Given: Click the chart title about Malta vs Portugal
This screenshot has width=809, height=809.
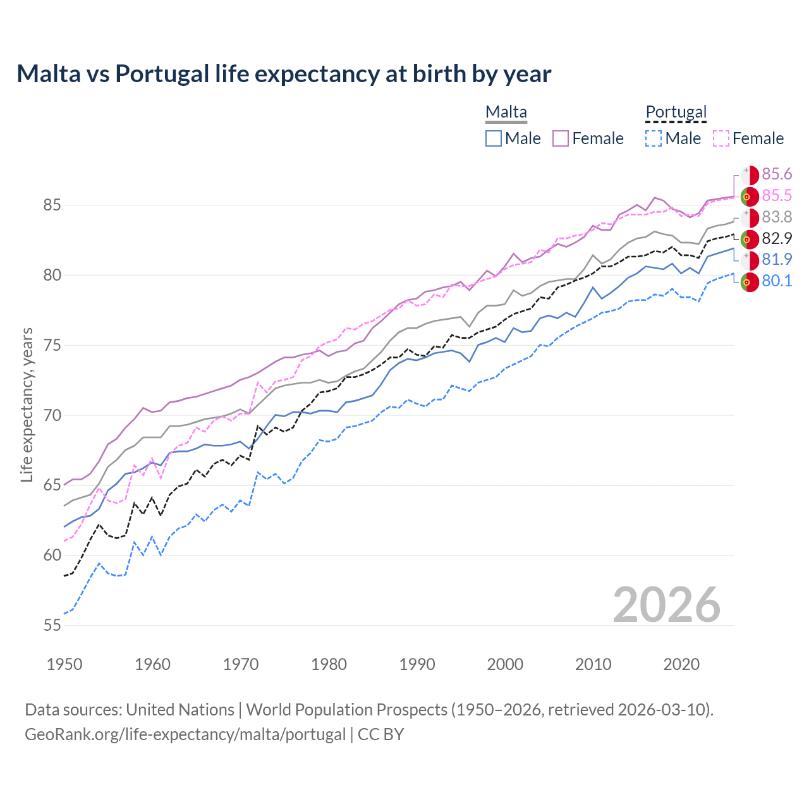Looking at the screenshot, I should pyautogui.click(x=284, y=74).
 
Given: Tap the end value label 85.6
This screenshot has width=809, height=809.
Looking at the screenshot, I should pyautogui.click(x=777, y=174).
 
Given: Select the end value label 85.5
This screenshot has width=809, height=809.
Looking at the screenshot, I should pyautogui.click(x=777, y=196).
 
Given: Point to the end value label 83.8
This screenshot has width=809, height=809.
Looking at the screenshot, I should pyautogui.click(x=777, y=217).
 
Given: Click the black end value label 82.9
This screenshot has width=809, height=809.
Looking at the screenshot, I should pyautogui.click(x=777, y=238).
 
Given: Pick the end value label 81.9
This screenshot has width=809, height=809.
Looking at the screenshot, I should pyautogui.click(x=777, y=259).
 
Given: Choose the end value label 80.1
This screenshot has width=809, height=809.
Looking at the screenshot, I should pyautogui.click(x=777, y=281).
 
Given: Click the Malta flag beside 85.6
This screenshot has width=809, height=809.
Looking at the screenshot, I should pyautogui.click(x=750, y=175).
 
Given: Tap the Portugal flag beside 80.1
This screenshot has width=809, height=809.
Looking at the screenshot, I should pyautogui.click(x=750, y=282).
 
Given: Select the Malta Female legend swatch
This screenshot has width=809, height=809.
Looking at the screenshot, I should pyautogui.click(x=561, y=138).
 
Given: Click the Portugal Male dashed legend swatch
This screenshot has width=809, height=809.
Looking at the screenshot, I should pyautogui.click(x=654, y=138).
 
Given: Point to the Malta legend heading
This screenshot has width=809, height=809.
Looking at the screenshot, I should pyautogui.click(x=506, y=112).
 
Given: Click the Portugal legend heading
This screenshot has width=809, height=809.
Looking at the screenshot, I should pyautogui.click(x=676, y=112).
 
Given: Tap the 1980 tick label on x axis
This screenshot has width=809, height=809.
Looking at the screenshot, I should pyautogui.click(x=329, y=664).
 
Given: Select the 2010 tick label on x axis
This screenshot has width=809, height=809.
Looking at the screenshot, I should pyautogui.click(x=593, y=664).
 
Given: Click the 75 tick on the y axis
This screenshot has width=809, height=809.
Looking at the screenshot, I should pyautogui.click(x=52, y=346).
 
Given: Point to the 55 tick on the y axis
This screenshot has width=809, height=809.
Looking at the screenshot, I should pyautogui.click(x=52, y=626).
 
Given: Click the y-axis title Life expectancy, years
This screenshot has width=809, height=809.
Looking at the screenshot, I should pyautogui.click(x=27, y=404).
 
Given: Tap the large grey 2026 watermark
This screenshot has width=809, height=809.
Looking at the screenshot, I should pyautogui.click(x=666, y=605).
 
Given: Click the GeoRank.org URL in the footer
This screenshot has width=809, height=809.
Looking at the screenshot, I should pyautogui.click(x=185, y=734).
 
